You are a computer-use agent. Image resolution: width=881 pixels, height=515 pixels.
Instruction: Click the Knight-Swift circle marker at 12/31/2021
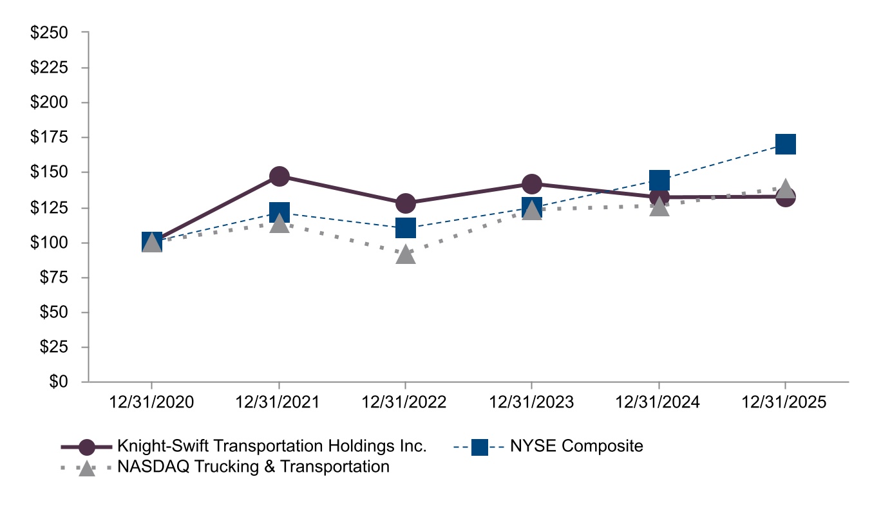279,176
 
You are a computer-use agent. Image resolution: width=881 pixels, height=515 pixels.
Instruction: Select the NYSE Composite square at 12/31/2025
786,144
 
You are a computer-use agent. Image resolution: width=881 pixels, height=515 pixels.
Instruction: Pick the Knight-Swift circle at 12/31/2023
532,184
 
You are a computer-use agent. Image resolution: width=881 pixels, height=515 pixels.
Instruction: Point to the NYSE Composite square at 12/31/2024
659,180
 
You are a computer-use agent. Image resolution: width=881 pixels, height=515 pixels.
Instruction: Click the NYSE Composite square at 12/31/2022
406,227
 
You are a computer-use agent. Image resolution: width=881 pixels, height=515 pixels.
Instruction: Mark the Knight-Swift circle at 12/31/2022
406,203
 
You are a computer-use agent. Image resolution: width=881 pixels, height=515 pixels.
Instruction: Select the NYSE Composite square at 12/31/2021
279,211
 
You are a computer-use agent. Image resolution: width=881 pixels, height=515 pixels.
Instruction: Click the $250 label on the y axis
50,33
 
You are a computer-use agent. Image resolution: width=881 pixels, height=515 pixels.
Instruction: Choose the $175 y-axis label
50,138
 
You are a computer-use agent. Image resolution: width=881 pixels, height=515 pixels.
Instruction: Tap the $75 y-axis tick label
53,277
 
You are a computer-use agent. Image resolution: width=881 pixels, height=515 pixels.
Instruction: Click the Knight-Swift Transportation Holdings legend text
272,446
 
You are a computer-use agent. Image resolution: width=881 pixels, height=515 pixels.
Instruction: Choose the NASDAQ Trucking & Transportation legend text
253,467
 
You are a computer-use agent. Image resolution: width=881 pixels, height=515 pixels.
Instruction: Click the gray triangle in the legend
87,468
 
